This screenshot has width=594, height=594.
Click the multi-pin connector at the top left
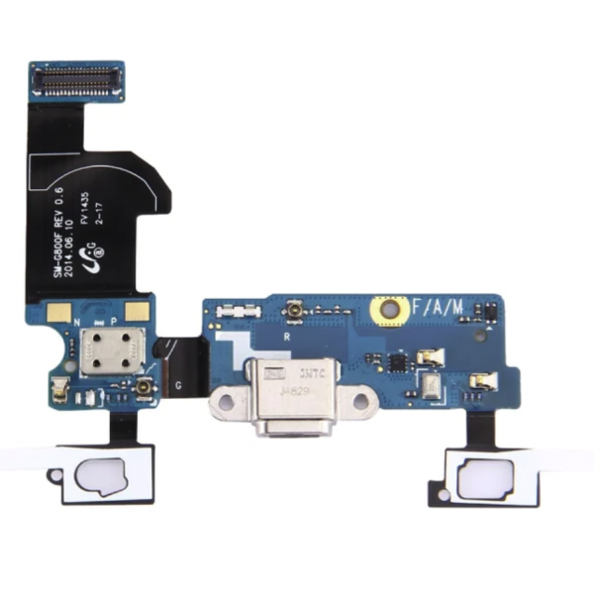(76, 80)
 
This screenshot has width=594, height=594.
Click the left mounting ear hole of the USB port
(223, 404)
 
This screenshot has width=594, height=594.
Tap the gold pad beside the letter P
(139, 312)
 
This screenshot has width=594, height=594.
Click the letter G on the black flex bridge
(178, 385)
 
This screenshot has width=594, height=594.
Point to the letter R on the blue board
(286, 337)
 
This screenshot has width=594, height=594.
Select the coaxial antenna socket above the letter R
(296, 314)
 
